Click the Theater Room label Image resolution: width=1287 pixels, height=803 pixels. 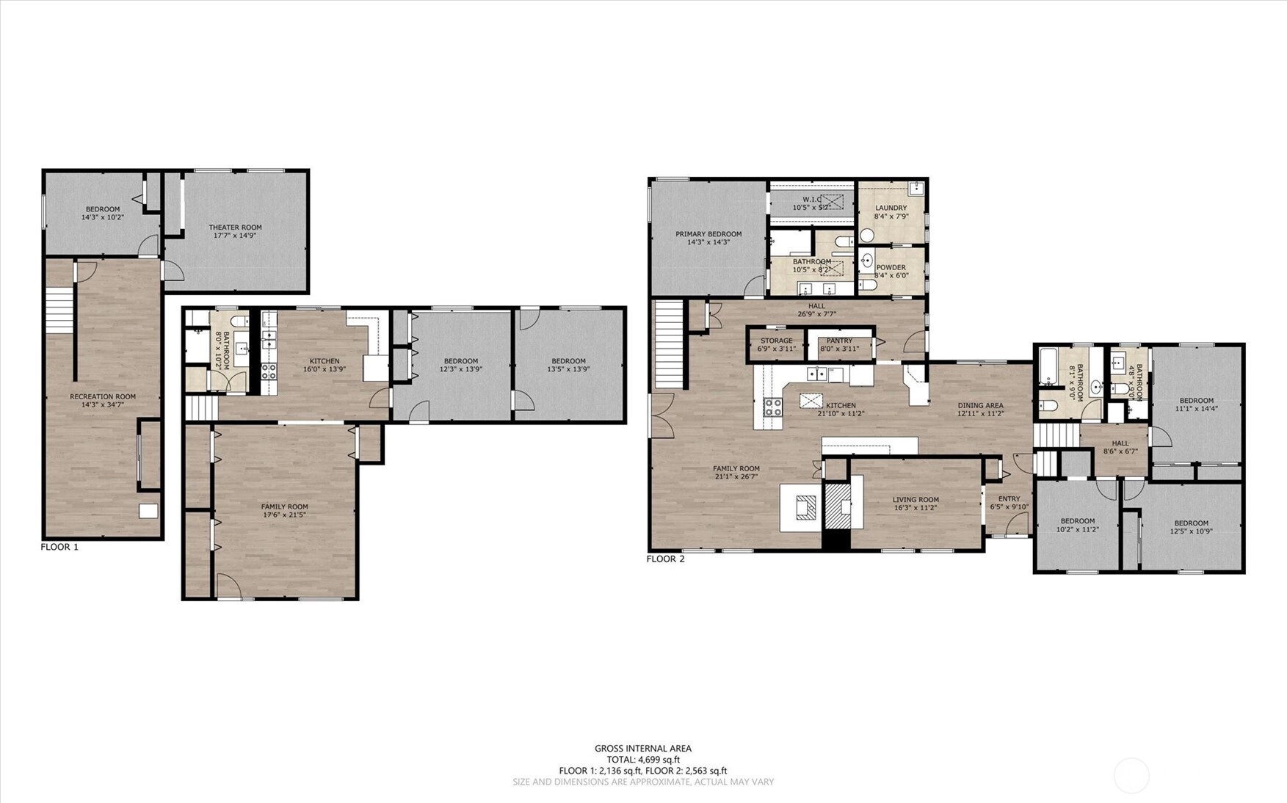pos(235,228)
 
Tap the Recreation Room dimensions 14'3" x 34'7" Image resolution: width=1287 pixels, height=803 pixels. pos(103,404)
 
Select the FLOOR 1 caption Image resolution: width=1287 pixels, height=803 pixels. pos(59,547)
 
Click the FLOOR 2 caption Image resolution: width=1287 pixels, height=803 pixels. pos(665,559)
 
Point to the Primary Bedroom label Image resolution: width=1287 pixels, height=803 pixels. pos(708,234)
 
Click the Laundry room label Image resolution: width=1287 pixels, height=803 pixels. pos(891,208)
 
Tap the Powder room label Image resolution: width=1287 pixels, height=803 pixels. pos(891,268)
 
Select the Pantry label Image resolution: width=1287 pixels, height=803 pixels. pos(839,341)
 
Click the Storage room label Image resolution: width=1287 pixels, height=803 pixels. pos(776,341)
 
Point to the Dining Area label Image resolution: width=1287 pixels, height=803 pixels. pos(980,405)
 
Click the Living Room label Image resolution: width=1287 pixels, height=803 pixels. pos(916,500)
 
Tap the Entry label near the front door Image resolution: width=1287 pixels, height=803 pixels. pos(1009,499)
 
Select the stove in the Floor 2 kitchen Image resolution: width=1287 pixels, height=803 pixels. pos(772,407)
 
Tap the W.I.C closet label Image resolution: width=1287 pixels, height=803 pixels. pos(811,200)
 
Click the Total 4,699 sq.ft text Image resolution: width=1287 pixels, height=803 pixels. pos(643,760)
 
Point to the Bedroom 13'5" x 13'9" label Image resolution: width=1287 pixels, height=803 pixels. pos(568,361)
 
